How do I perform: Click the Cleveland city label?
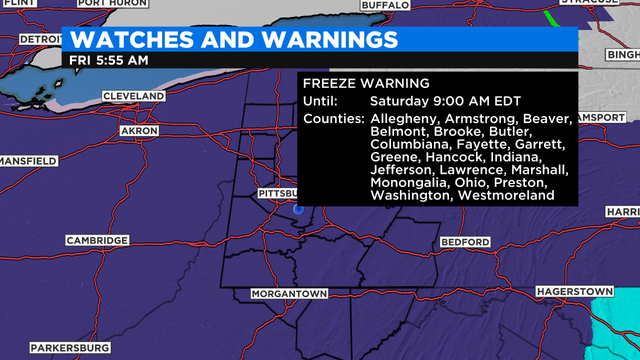tap(132, 96)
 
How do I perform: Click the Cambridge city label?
tap(97, 241)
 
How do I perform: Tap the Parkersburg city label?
tap(68, 347)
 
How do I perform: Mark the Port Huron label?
tap(105, 4)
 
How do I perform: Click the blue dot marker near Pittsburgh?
tap(298, 211)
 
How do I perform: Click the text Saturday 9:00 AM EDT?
tap(437, 101)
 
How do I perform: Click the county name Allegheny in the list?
tap(402, 119)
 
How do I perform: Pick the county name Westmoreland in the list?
tap(508, 197)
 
